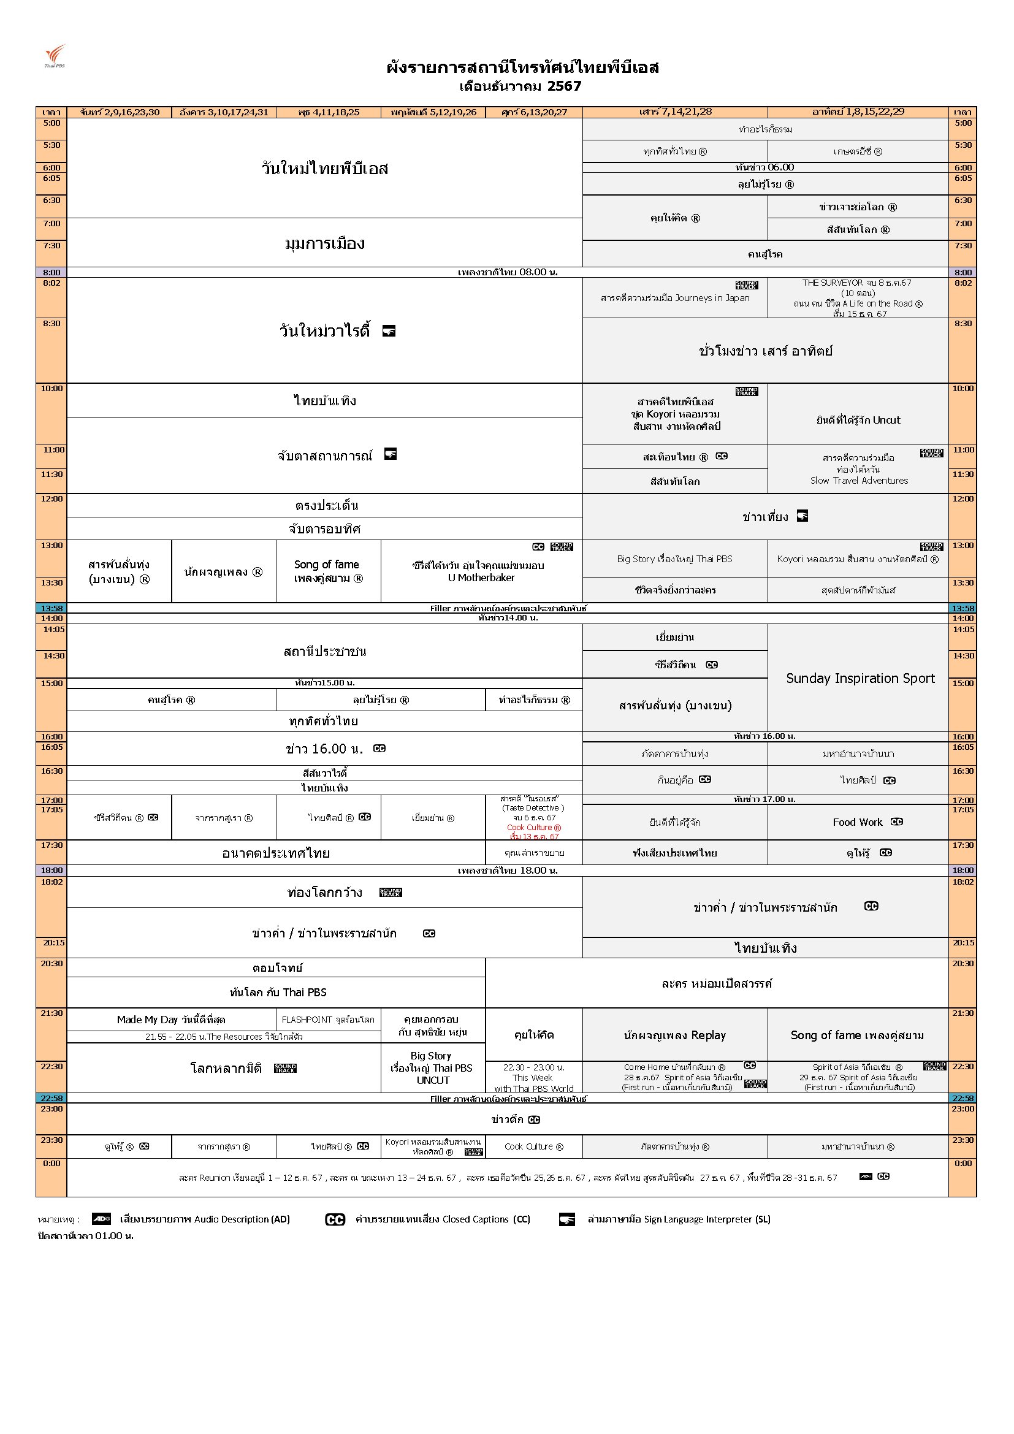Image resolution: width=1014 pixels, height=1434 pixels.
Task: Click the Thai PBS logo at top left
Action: (x=55, y=56)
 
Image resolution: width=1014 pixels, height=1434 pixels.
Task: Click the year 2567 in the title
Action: (x=564, y=86)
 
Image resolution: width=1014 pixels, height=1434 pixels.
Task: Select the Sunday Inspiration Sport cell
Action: (x=860, y=678)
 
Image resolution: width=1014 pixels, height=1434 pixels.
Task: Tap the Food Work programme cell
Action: (x=858, y=822)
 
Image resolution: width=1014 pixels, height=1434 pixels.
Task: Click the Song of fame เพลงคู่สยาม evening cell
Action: (x=856, y=1035)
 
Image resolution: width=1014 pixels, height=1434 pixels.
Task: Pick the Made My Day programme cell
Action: (x=170, y=1020)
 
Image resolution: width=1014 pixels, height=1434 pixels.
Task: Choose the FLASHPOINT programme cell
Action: (x=328, y=1020)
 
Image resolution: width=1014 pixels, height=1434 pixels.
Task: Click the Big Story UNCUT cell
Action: (x=432, y=1067)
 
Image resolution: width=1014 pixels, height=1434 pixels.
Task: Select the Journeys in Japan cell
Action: (x=674, y=298)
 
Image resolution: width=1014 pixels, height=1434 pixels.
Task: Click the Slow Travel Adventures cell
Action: (x=858, y=469)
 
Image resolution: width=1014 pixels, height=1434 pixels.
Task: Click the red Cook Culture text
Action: (x=534, y=828)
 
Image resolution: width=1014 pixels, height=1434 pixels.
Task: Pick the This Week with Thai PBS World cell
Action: (x=533, y=1077)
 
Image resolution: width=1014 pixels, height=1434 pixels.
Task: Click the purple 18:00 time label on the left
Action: (x=52, y=870)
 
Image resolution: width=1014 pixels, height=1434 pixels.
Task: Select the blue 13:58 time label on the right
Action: (x=962, y=608)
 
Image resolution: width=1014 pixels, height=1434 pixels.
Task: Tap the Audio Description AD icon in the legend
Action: (x=101, y=1219)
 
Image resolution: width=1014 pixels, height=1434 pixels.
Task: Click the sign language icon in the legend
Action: (x=566, y=1219)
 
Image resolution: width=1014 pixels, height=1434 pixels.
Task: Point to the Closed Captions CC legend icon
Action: (x=335, y=1219)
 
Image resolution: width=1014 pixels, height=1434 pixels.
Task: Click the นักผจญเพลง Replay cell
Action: (x=674, y=1035)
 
